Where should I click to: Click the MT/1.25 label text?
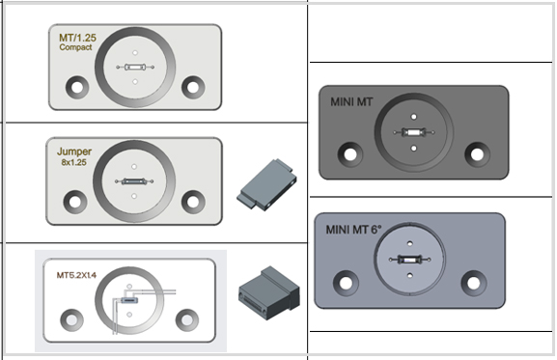[77, 38]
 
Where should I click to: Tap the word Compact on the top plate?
[75, 47]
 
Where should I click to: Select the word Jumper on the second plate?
[74, 152]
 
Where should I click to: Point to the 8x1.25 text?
[74, 162]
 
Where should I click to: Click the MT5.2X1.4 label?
[76, 275]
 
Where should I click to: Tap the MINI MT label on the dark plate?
[351, 102]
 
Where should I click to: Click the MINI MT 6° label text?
[353, 230]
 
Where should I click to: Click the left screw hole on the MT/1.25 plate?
[77, 87]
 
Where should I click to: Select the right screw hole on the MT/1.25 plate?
[193, 87]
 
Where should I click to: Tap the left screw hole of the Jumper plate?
[75, 202]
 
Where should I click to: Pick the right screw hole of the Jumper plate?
[193, 202]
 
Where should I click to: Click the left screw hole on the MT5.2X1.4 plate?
[71, 319]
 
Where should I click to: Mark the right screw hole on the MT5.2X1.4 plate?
[187, 319]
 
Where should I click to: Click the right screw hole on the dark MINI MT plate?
[477, 154]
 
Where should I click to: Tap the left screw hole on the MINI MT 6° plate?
[346, 283]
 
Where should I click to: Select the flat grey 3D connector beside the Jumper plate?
[266, 184]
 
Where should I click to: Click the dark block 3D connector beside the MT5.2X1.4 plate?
[269, 292]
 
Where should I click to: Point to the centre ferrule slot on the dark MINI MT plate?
[413, 133]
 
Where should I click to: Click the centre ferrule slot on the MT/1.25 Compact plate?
[135, 67]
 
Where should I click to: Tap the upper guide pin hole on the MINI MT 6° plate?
[410, 243]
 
